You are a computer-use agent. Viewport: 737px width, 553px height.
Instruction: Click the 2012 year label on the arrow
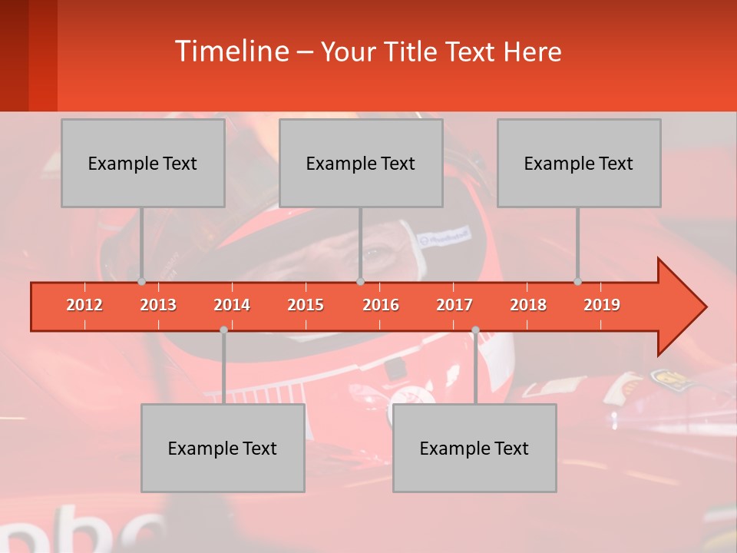pyautogui.click(x=84, y=305)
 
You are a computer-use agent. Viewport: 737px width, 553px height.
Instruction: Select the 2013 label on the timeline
pyautogui.click(x=158, y=305)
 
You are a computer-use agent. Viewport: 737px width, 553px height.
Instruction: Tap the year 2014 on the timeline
pyautogui.click(x=232, y=305)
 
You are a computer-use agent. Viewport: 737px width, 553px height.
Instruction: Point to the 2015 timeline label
pyautogui.click(x=306, y=305)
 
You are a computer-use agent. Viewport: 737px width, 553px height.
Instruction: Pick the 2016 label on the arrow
pyautogui.click(x=381, y=305)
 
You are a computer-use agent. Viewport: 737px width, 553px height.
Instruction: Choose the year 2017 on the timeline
pyautogui.click(x=454, y=305)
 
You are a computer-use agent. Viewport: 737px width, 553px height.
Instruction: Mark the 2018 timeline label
pyautogui.click(x=528, y=305)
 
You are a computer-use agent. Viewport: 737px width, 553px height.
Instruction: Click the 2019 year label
pyautogui.click(x=602, y=305)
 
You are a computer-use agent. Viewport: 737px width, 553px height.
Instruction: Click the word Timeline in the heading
pyautogui.click(x=231, y=51)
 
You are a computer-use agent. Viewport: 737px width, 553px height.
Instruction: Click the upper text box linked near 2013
pyautogui.click(x=143, y=163)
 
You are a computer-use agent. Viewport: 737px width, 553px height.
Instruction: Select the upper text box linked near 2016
pyautogui.click(x=361, y=163)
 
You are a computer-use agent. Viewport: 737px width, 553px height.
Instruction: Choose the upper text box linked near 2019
pyautogui.click(x=579, y=163)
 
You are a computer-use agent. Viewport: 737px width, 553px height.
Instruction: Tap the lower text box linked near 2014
pyautogui.click(x=223, y=448)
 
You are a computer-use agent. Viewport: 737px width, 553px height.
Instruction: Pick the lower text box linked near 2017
pyautogui.click(x=474, y=448)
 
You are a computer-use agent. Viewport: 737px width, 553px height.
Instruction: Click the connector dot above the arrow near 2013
pyautogui.click(x=141, y=282)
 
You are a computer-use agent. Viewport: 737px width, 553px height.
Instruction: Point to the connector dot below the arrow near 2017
pyautogui.click(x=475, y=330)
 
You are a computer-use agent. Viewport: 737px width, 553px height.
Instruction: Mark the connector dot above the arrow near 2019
pyautogui.click(x=577, y=282)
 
